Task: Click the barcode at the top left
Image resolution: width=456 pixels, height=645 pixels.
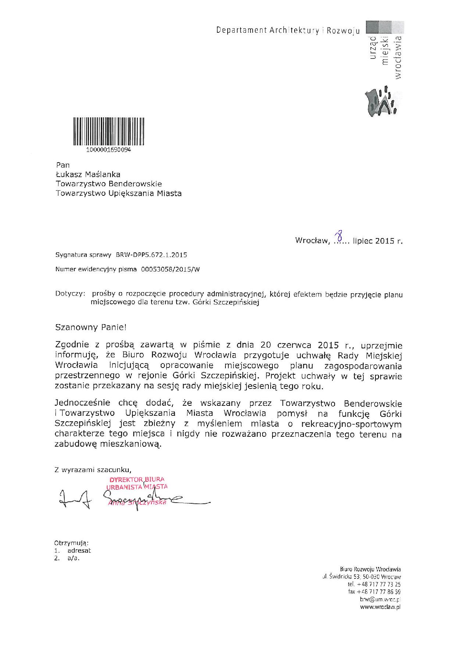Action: pos(109,132)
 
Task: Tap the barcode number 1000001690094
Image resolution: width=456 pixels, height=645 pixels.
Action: pos(108,150)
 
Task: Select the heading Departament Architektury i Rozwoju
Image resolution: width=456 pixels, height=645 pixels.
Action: pos(288,31)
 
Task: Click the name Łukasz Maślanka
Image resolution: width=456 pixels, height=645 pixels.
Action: pos(88,174)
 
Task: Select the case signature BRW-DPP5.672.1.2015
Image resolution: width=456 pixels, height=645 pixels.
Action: pos(152,255)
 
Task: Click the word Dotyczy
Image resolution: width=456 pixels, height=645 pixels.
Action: pos(70,294)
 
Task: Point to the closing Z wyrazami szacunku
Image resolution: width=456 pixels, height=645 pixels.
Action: pos(93,469)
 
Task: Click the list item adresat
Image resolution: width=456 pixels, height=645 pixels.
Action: pos(79,551)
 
